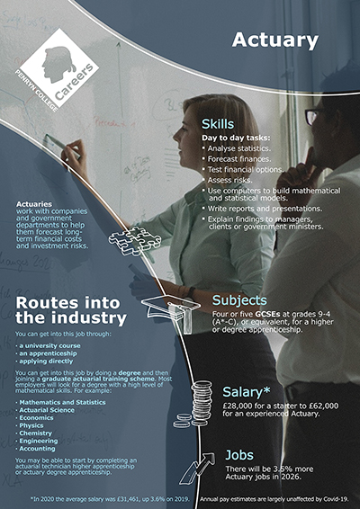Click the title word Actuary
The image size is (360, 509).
point(274,40)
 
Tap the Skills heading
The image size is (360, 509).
point(218,123)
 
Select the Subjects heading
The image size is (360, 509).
point(239,299)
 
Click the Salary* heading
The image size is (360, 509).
point(243,391)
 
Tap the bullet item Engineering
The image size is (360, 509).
point(38,442)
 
